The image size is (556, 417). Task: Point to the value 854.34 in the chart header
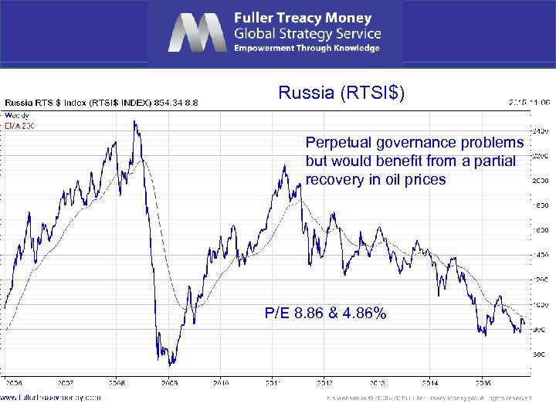(x=168, y=102)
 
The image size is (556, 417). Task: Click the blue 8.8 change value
(x=192, y=102)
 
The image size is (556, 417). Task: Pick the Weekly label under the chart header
(x=17, y=114)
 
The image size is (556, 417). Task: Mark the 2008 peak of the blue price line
(x=134, y=121)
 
